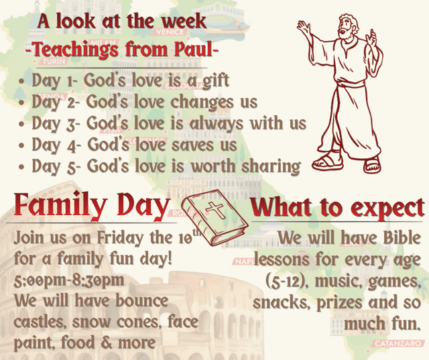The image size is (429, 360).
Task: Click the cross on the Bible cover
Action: coord(216,210)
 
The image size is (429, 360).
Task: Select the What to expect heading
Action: coord(338,208)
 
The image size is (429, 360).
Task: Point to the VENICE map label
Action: coord(170,32)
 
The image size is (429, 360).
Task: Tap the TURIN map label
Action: coord(54,61)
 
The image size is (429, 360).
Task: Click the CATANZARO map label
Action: coord(397,343)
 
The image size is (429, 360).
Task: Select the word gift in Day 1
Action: coord(216,81)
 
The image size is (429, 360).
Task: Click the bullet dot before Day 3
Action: coord(22,124)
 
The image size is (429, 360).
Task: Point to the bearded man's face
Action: coord(345,29)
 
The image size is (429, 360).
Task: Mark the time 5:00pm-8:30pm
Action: coord(69,280)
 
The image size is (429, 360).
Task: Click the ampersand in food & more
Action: coord(107,343)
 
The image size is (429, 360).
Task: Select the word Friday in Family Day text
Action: coord(121,238)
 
